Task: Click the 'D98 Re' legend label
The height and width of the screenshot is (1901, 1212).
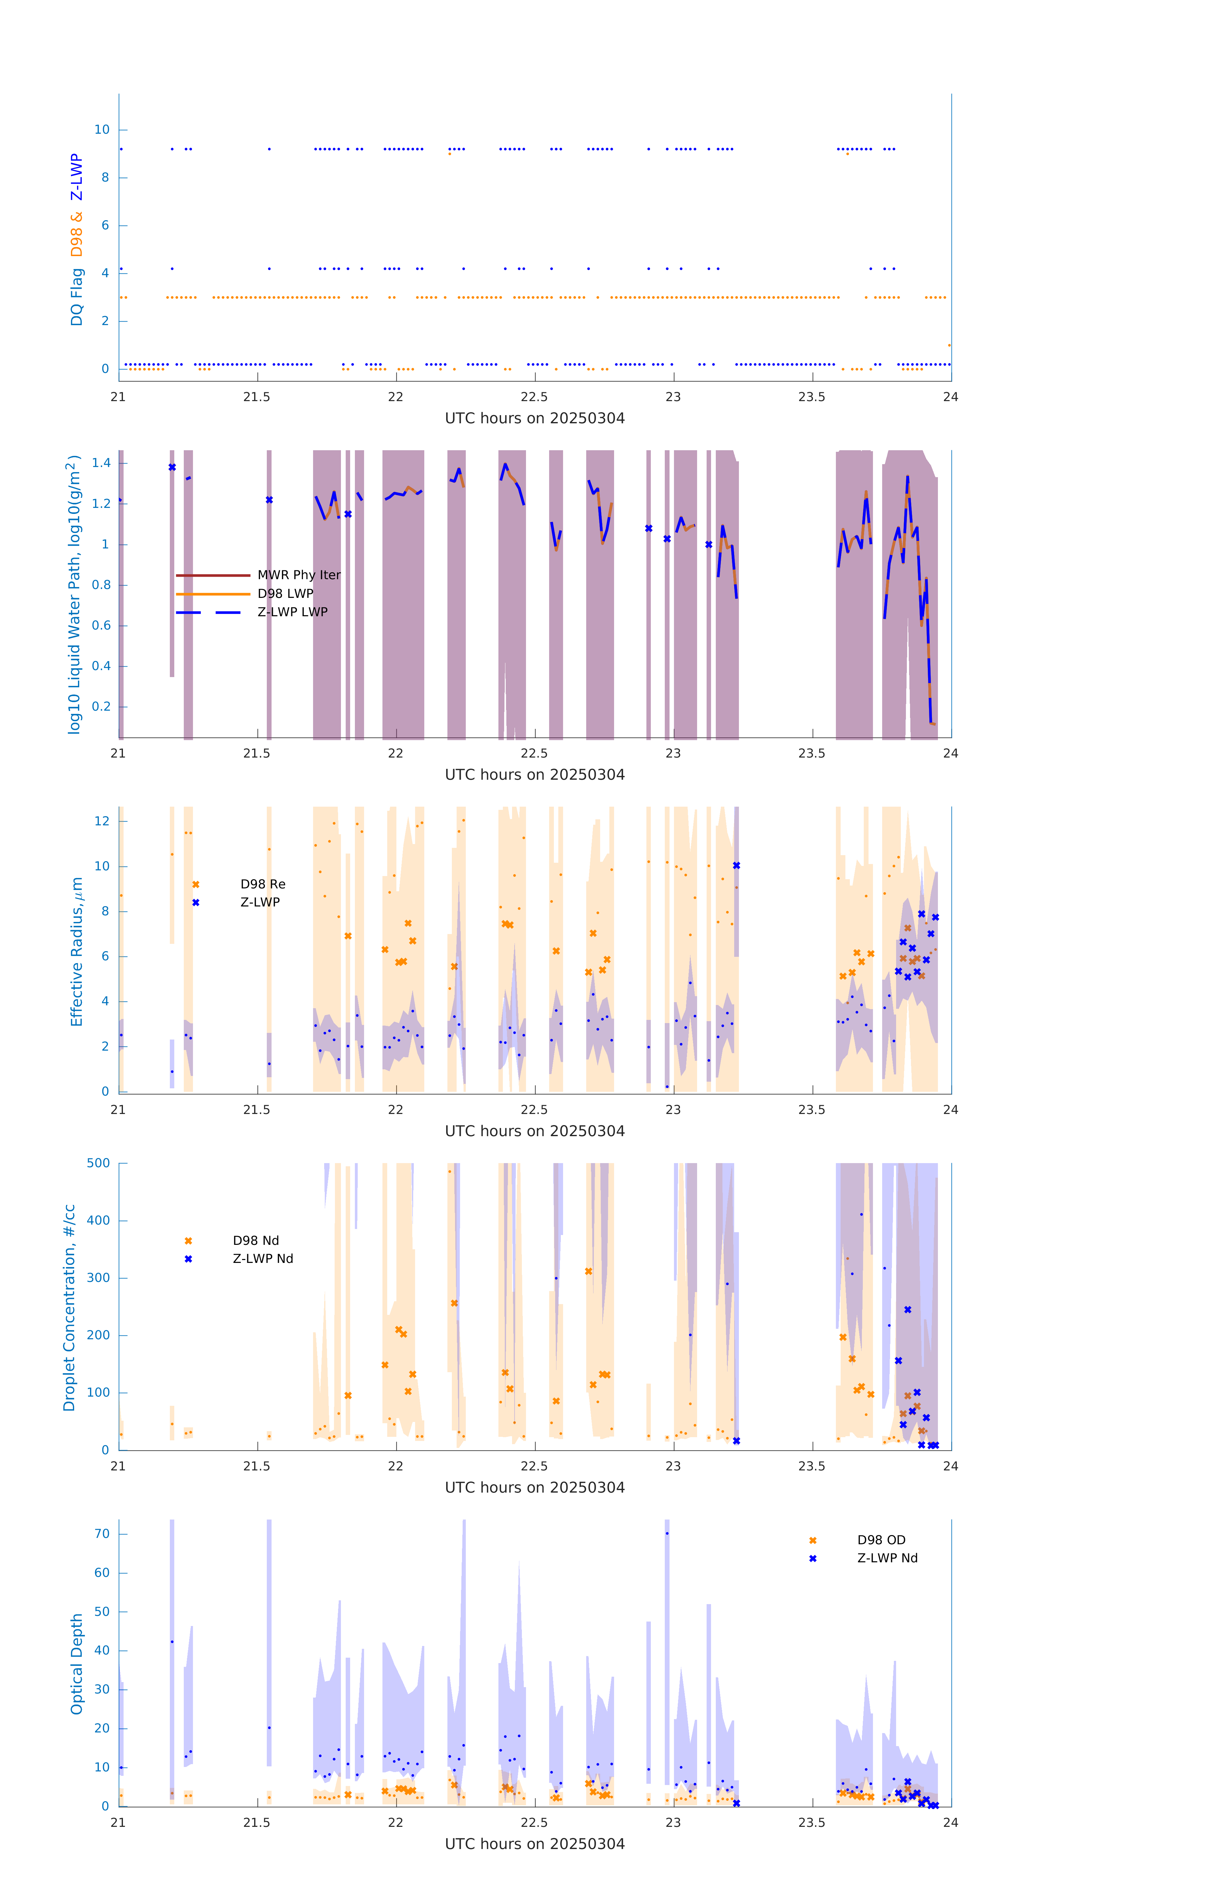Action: (263, 884)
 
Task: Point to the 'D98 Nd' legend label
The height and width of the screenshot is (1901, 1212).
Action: (256, 1240)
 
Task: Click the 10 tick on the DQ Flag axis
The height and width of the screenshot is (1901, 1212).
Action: (102, 130)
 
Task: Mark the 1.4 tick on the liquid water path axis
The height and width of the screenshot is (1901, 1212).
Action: (101, 464)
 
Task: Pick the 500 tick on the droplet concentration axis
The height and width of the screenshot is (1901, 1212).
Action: (99, 1163)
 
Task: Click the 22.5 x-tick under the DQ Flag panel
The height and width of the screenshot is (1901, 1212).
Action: (534, 397)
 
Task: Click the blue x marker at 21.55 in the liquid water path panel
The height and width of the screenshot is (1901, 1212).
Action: (269, 500)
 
